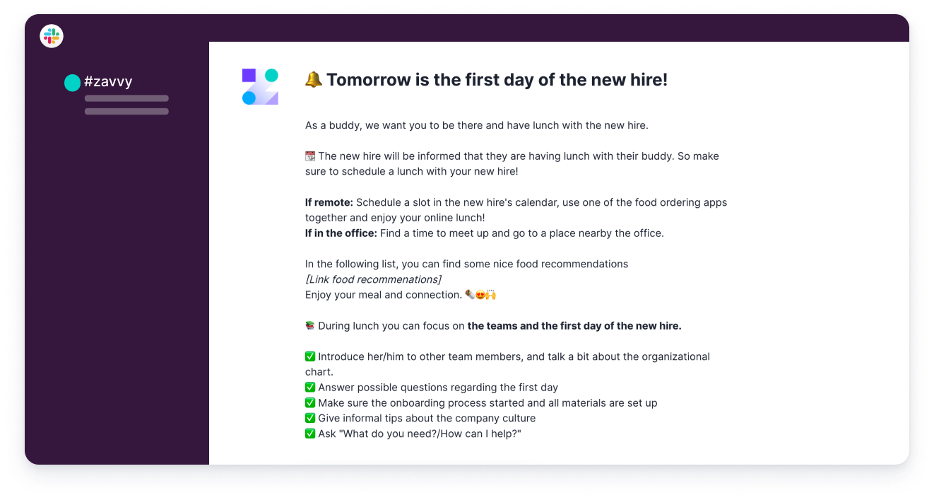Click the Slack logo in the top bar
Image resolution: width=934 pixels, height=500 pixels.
click(x=52, y=36)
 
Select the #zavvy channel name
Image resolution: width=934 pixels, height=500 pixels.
click(x=108, y=81)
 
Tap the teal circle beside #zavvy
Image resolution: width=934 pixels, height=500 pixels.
click(x=72, y=83)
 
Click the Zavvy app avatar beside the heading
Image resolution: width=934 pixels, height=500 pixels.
click(x=260, y=86)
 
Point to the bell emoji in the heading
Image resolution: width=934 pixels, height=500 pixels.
click(x=314, y=79)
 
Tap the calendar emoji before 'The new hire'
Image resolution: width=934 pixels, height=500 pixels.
click(x=310, y=156)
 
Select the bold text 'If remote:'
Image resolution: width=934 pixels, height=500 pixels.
click(x=329, y=202)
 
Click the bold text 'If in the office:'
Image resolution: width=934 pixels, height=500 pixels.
click(x=341, y=233)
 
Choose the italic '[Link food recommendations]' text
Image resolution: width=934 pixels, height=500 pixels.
click(x=373, y=279)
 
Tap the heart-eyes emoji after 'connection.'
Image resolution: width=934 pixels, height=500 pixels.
click(x=480, y=295)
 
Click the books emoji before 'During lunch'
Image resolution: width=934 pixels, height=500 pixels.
click(x=310, y=326)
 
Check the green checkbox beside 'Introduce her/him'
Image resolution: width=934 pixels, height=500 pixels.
click(x=310, y=356)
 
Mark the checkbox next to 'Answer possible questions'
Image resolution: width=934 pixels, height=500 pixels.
click(x=310, y=388)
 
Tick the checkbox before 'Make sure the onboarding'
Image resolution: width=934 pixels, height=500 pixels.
click(x=310, y=403)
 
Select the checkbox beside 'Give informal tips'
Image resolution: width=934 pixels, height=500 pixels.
click(x=310, y=418)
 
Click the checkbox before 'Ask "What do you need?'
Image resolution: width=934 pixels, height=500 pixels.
click(x=310, y=434)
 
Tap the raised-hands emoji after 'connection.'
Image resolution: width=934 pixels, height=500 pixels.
click(x=490, y=295)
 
